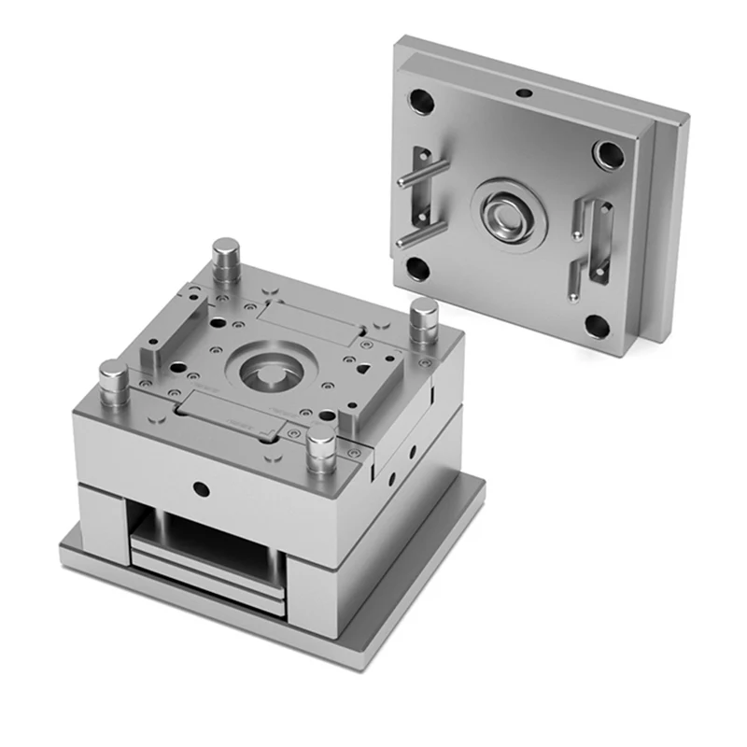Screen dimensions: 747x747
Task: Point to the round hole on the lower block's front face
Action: pyautogui.click(x=199, y=486)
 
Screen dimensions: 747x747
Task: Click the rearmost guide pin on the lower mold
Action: pyautogui.click(x=226, y=260)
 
